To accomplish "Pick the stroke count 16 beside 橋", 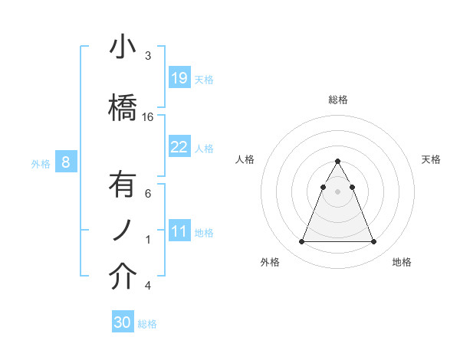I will (x=148, y=117).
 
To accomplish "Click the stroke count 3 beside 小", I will (x=148, y=56).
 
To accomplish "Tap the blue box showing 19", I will (x=179, y=77).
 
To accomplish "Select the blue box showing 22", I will (x=179, y=146).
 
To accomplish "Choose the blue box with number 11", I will (x=179, y=231).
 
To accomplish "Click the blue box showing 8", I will (x=66, y=162).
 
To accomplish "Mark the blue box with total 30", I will (x=123, y=322).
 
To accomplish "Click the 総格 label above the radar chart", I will (x=338, y=100).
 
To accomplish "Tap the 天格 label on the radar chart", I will (x=432, y=159).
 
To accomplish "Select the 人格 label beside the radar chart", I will (x=245, y=159).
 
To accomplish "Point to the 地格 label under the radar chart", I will (x=402, y=262).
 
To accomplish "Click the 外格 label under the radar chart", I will (x=270, y=262).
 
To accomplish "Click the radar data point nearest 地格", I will (x=374, y=242).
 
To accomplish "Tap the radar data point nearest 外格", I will (x=301, y=242).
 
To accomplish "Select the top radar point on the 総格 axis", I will (x=337, y=161).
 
